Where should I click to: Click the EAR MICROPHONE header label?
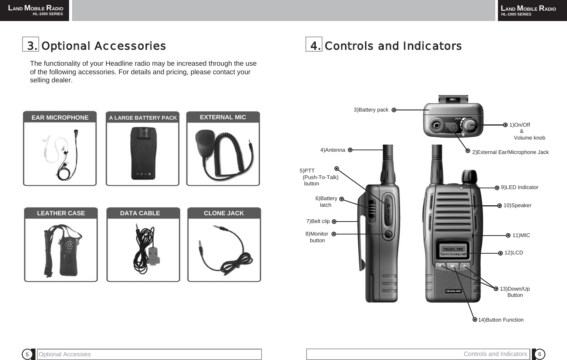(60, 117)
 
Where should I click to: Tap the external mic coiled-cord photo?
(223, 153)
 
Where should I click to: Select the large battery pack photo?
(143, 153)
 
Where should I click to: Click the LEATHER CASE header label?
(61, 213)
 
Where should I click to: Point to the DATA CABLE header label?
(140, 213)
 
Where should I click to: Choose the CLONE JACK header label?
(224, 213)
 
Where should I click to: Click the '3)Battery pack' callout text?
(371, 110)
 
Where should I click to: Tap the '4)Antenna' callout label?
(332, 150)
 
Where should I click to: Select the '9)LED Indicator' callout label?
(519, 187)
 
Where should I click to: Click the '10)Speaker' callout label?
(517, 205)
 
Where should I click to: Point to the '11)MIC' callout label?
(521, 235)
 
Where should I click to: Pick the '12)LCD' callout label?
(513, 253)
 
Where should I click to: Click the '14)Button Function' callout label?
(501, 320)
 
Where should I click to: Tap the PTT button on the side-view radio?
(388, 212)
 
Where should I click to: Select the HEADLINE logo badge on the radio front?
(453, 291)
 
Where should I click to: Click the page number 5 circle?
(27, 354)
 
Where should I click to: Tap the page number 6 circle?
(540, 354)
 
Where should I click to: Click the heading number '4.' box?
(314, 45)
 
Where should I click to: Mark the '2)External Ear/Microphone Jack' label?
(510, 152)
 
